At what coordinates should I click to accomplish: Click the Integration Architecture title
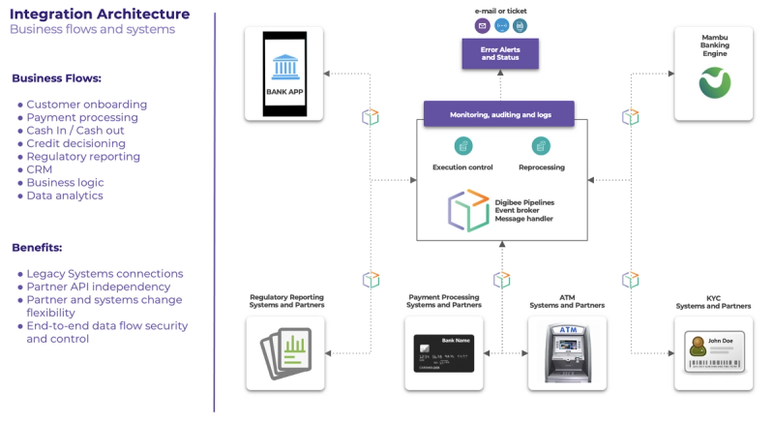tap(100, 14)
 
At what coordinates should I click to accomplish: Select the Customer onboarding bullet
tap(86, 105)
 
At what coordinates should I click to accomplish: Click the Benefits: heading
tap(37, 248)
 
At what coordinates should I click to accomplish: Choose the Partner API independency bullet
tap(98, 287)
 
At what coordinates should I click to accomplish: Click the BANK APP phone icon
tap(284, 73)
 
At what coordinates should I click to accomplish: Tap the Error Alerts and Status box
tap(500, 53)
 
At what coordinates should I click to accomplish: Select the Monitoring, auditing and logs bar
tap(499, 114)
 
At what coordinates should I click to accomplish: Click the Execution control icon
tap(463, 145)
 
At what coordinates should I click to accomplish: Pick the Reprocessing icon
tap(541, 145)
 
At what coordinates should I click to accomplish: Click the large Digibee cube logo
tap(468, 210)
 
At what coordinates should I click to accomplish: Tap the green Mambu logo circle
tap(715, 83)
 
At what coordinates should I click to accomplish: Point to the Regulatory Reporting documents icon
tap(284, 352)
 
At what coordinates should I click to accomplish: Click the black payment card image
tap(443, 353)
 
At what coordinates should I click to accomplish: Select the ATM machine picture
tap(566, 352)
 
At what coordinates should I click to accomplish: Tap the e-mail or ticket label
tap(500, 11)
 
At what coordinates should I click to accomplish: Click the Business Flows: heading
tap(56, 78)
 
